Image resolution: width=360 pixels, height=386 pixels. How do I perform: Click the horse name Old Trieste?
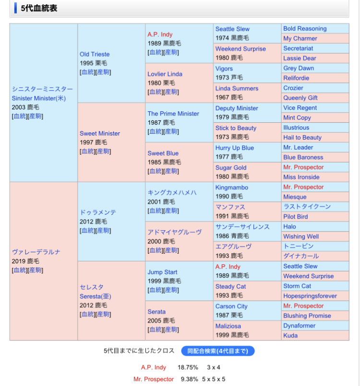[x=95, y=54]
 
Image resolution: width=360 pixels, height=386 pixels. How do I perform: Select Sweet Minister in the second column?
[x=100, y=133]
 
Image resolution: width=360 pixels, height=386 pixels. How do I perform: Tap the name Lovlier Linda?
[x=165, y=74]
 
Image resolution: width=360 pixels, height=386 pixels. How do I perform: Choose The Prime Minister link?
[x=173, y=114]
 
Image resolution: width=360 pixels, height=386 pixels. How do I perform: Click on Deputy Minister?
[x=237, y=108]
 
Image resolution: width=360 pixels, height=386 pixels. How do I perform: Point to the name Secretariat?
[x=298, y=48]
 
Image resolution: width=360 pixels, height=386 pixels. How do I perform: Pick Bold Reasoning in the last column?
[x=305, y=29]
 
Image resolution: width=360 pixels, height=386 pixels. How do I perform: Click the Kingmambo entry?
[x=232, y=187]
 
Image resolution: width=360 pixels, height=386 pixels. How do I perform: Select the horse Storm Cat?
[x=297, y=286]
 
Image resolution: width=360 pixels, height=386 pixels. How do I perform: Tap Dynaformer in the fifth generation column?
[x=300, y=326]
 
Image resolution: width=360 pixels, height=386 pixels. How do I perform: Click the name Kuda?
[x=290, y=336]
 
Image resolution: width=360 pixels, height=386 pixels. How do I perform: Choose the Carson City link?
[x=231, y=306]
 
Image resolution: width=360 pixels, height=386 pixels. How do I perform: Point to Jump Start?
[x=162, y=272]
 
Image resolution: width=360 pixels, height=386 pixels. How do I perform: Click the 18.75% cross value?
[x=188, y=367]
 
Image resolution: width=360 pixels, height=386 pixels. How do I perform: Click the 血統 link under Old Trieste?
[x=87, y=72]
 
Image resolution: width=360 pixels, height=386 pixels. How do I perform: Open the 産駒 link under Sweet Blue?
[x=171, y=171]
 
